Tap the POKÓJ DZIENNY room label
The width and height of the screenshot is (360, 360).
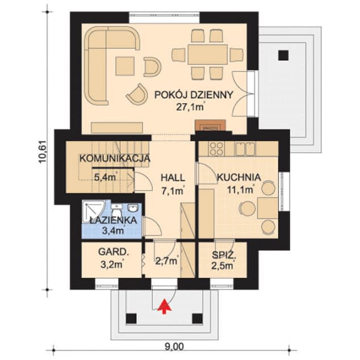pyautogui.click(x=194, y=95)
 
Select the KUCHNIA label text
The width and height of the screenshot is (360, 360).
pyautogui.click(x=239, y=177)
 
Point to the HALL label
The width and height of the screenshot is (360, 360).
pyautogui.click(x=173, y=178)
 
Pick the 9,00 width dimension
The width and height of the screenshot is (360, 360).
pyautogui.click(x=174, y=347)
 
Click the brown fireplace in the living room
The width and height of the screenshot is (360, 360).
pyautogui.click(x=210, y=125)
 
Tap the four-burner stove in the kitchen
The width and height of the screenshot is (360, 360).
pyautogui.click(x=216, y=148)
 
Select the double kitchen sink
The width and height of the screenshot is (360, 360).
pyautogui.click(x=245, y=149)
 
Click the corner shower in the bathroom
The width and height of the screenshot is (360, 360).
pyautogui.click(x=94, y=211)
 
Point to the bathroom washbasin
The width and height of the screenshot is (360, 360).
pyautogui.click(x=132, y=208)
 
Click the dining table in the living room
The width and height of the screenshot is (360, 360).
pyautogui.click(x=208, y=55)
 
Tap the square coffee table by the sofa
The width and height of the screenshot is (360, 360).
pyautogui.click(x=125, y=66)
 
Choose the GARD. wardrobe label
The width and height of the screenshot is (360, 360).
pyautogui.click(x=114, y=252)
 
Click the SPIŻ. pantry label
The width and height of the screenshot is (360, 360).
pyautogui.click(x=224, y=255)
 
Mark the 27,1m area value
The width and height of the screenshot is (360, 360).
pyautogui.click(x=190, y=107)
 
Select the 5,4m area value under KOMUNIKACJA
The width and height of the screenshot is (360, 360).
pyautogui.click(x=106, y=177)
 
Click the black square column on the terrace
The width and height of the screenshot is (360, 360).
pyautogui.click(x=283, y=55)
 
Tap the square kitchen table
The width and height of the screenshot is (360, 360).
pyautogui.click(x=267, y=208)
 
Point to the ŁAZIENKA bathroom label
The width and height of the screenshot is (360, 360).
pyautogui.click(x=113, y=220)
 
